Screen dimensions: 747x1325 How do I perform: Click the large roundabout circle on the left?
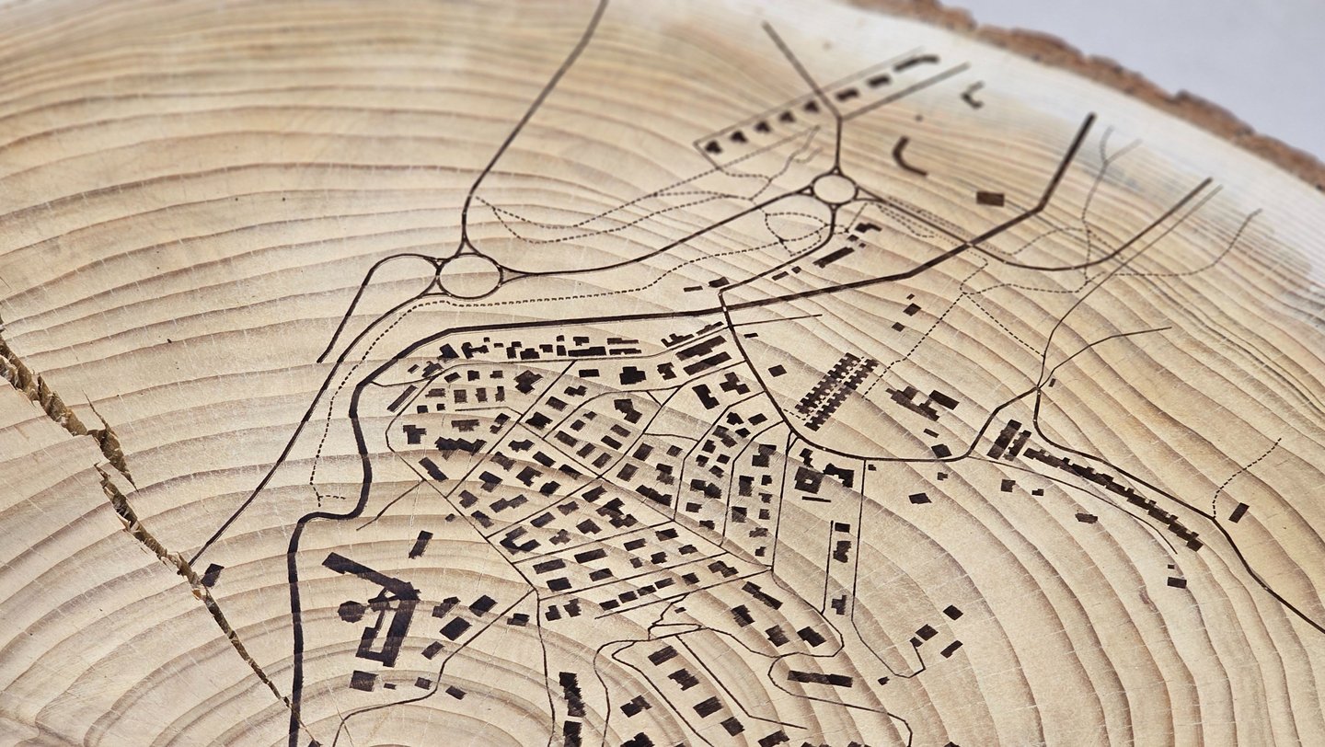click(469, 275)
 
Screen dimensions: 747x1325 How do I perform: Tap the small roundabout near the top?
click(834, 189)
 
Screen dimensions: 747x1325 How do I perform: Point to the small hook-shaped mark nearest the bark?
click(972, 93)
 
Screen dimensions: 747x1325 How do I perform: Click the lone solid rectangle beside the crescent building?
click(990, 198)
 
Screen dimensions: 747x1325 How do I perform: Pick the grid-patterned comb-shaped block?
click(835, 390)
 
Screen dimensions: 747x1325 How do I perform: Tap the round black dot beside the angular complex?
click(351, 611)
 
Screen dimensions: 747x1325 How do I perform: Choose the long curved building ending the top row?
click(916, 63)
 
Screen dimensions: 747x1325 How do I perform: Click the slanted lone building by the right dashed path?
click(1239, 512)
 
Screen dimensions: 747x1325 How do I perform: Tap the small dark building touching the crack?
click(212, 575)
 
